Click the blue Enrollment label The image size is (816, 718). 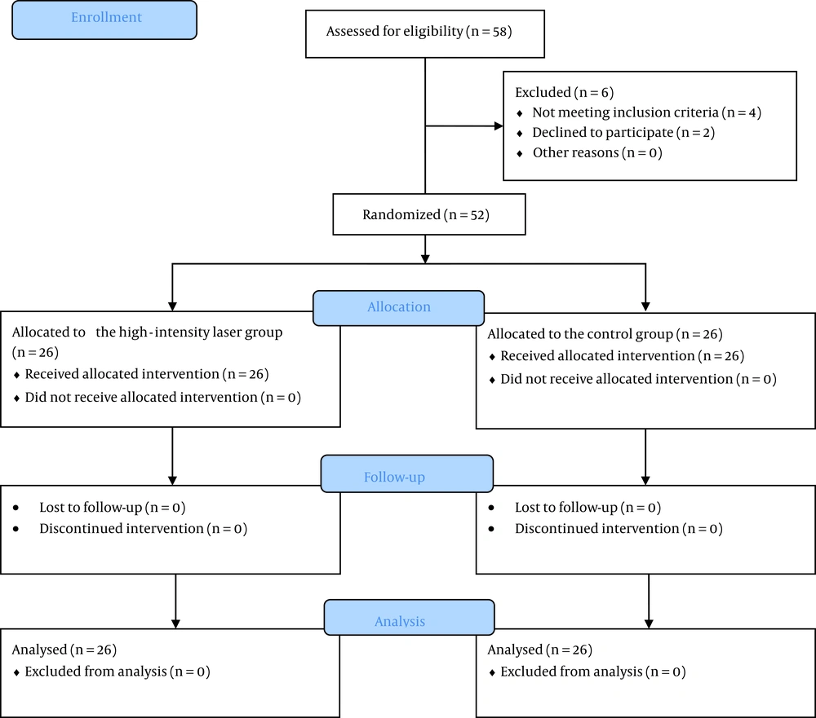104,20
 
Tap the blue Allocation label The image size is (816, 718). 399,308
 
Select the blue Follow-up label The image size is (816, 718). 407,474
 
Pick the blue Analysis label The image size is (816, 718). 409,617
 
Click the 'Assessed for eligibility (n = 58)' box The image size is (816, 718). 424,33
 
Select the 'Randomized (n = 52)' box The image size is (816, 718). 429,214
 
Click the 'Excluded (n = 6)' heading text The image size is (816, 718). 564,93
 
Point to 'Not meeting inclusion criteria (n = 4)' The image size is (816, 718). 646,112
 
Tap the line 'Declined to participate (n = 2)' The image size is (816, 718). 623,133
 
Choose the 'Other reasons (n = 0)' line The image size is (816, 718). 597,153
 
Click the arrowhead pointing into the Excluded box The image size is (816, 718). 499,126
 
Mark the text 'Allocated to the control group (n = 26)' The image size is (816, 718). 605,334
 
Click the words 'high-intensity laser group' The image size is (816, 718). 189,333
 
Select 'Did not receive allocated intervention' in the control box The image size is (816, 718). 617,379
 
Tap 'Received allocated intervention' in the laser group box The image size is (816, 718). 122,374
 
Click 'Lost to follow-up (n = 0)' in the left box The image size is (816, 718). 113,508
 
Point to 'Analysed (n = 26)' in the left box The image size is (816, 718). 64,650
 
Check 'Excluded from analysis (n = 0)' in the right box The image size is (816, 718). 593,672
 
